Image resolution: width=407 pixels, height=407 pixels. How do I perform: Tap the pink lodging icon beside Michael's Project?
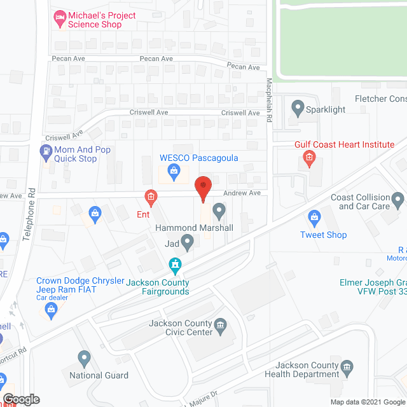click(x=60, y=19)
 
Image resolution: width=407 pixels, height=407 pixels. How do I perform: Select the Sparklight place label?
click(x=324, y=109)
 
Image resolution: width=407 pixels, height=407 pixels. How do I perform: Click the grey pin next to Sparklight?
click(x=296, y=107)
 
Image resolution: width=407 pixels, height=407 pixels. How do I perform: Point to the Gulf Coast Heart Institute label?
click(x=344, y=144)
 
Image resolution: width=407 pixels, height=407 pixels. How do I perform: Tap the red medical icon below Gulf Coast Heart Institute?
click(x=310, y=158)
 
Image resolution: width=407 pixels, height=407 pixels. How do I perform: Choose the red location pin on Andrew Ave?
click(x=203, y=187)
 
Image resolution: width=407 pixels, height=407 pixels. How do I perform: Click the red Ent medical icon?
click(x=151, y=198)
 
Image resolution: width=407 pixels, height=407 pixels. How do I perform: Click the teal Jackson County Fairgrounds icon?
click(x=174, y=264)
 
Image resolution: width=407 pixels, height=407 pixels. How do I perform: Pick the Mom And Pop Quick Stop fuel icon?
click(x=46, y=151)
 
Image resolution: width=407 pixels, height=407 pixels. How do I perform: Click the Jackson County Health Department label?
click(x=307, y=369)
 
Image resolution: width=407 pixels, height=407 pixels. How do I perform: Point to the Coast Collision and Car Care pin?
click(x=398, y=202)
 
